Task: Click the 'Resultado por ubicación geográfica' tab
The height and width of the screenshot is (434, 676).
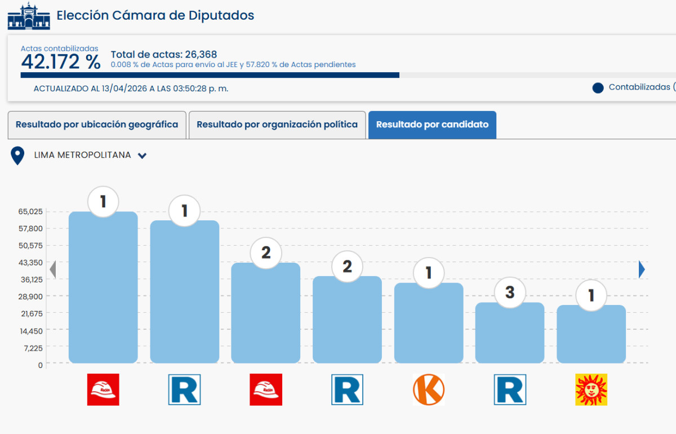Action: tap(97, 125)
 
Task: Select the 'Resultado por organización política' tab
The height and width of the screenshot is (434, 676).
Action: tap(277, 125)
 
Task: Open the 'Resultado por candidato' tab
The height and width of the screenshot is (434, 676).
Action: tap(432, 125)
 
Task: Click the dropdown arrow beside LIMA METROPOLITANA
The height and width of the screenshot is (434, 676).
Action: tap(143, 156)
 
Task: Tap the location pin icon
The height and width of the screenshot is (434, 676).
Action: tap(18, 156)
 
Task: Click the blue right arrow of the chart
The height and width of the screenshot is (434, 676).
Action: tap(642, 270)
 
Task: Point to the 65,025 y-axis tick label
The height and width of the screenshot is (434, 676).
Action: tap(31, 211)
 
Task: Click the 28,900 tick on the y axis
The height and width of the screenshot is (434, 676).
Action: tap(31, 296)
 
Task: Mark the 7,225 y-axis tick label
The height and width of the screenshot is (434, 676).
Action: tap(32, 348)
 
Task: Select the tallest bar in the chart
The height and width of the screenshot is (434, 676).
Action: tap(103, 287)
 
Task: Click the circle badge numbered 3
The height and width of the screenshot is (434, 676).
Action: tap(510, 293)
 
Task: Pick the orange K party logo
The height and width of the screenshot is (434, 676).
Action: tap(429, 389)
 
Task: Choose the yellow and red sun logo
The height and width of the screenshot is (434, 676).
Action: tap(591, 389)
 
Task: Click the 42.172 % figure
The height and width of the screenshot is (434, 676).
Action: tap(61, 62)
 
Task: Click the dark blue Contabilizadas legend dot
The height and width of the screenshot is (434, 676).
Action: tap(598, 88)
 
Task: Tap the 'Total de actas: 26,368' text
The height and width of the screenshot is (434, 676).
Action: tap(164, 55)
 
